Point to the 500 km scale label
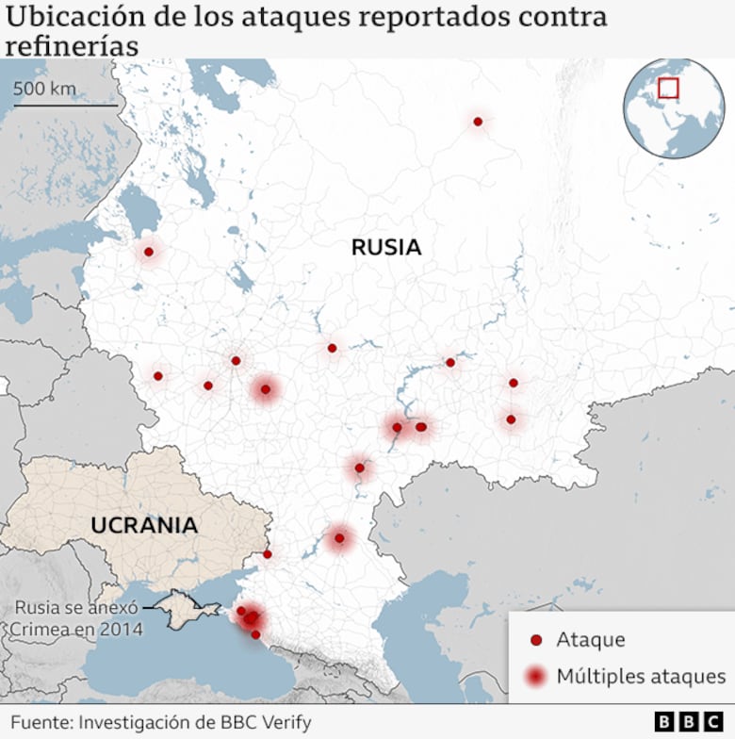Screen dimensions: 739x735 tap(45, 89)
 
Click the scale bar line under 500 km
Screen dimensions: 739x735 tap(66, 106)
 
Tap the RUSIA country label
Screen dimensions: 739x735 tap(385, 248)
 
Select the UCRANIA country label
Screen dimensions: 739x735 tap(144, 525)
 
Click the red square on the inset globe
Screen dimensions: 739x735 tap(668, 88)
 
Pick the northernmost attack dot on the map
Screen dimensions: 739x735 tap(478, 122)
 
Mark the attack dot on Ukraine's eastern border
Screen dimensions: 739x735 tap(268, 554)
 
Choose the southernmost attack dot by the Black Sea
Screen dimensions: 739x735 tap(255, 634)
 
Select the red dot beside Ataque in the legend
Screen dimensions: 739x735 tap(536, 641)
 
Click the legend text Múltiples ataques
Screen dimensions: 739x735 tap(641, 676)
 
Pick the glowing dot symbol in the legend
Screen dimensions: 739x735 tap(536, 676)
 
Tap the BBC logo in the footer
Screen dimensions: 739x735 tap(690, 722)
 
